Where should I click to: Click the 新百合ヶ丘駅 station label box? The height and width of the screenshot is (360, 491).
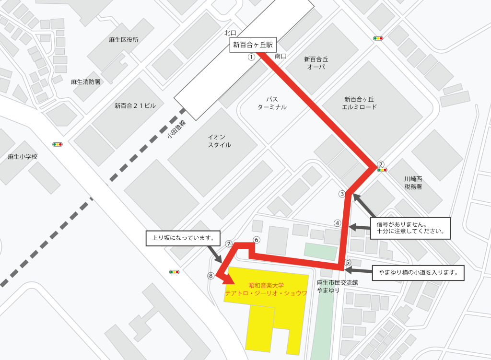253,46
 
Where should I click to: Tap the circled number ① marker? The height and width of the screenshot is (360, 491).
251,57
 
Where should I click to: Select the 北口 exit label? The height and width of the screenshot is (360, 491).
231,33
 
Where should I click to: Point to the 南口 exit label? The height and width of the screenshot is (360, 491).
281,57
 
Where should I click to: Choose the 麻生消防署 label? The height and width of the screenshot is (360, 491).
86,82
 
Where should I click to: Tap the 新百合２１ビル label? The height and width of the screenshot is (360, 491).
135,106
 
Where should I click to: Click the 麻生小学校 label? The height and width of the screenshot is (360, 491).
23,157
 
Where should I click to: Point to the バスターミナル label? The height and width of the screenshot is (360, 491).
272,103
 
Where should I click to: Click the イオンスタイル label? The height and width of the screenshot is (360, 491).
219,141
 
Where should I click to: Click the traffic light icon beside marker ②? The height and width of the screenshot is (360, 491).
382,170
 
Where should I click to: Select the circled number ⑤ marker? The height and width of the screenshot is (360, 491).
348,262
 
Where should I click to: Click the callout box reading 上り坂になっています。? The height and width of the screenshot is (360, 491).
183,238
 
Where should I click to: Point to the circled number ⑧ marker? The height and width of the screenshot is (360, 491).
210,276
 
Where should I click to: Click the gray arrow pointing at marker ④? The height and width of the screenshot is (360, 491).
360,227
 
